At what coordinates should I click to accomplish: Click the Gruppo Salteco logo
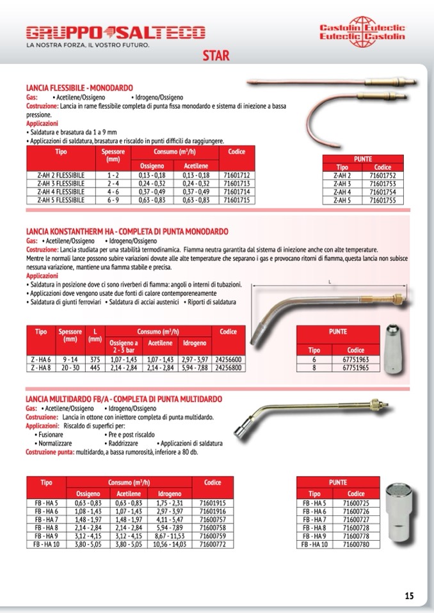pos(115,33)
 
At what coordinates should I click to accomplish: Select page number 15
pos(409,596)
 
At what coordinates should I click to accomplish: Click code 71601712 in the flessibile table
pos(237,175)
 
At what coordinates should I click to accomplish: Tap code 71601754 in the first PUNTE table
pos(383,191)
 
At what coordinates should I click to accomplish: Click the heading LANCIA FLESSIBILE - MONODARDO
pos(79,87)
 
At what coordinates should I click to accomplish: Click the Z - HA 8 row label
pos(40,368)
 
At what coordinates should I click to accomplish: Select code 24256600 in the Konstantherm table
pos(229,361)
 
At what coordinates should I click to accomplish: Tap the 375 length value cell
pos(94,361)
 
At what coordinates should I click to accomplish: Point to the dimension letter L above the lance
pos(329,281)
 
